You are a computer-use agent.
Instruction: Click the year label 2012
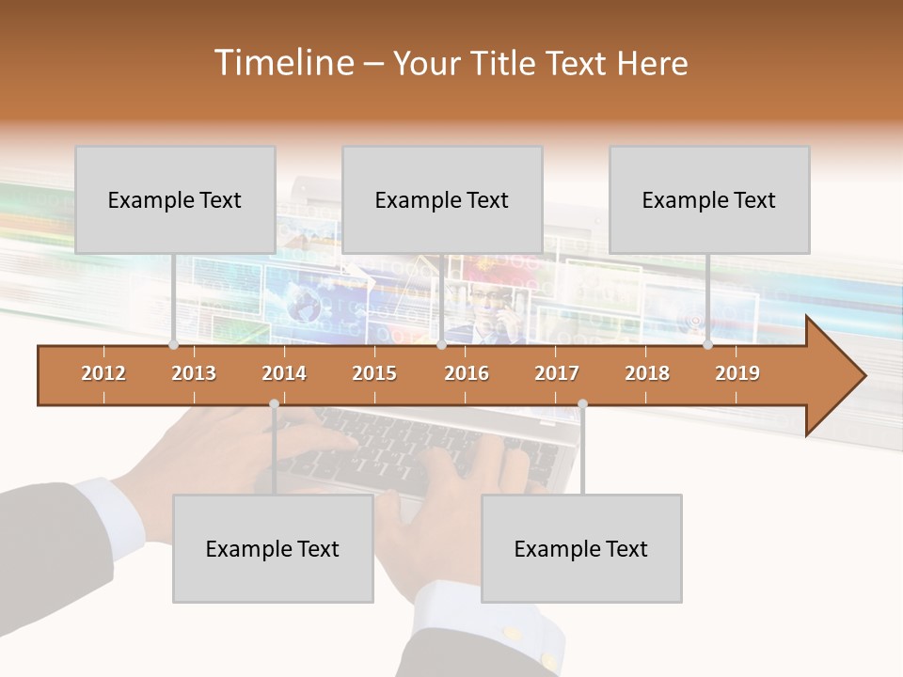(x=103, y=373)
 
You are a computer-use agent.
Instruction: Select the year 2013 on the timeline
(x=194, y=373)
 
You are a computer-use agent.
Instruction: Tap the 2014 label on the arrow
(x=284, y=373)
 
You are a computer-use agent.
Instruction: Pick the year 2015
(x=374, y=373)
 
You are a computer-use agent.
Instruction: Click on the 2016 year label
(x=467, y=373)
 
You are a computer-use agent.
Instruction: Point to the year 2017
(x=557, y=373)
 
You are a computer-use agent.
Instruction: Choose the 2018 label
(x=647, y=373)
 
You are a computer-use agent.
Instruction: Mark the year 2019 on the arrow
(x=737, y=373)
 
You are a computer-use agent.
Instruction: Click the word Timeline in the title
(x=282, y=63)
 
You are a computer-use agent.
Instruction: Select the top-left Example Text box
(x=175, y=199)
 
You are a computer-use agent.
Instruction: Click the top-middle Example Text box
(x=442, y=199)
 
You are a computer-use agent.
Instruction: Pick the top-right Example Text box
(x=709, y=199)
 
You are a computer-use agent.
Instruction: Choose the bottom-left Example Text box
(x=273, y=548)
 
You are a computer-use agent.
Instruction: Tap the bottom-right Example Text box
(x=581, y=548)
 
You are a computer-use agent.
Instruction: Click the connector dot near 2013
(x=173, y=344)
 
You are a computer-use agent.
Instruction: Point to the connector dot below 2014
(x=274, y=403)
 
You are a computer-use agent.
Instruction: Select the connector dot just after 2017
(x=582, y=403)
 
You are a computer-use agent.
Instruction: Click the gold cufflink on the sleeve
(x=513, y=634)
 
